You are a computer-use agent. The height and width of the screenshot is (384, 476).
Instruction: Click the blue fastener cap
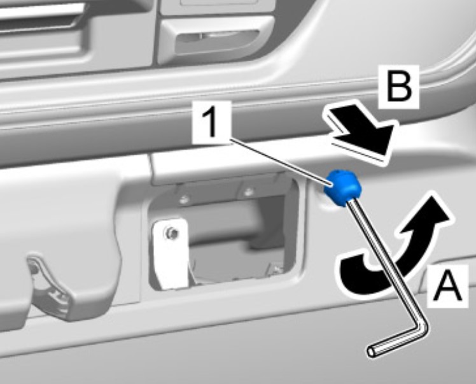[x=343, y=187]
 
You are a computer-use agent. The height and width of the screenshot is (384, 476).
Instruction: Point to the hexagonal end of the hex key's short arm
[x=372, y=352]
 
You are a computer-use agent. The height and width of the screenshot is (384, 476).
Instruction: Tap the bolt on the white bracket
[x=171, y=233]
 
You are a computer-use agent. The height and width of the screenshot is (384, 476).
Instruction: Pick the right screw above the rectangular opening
[x=249, y=192]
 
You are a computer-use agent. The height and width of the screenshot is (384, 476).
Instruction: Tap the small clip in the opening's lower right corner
[x=276, y=267]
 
